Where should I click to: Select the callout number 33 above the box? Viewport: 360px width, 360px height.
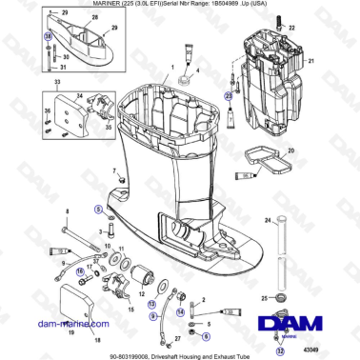[x=56, y=85]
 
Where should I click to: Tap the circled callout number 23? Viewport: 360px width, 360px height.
[x=228, y=95]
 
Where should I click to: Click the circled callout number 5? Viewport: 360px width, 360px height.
[x=97, y=210]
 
